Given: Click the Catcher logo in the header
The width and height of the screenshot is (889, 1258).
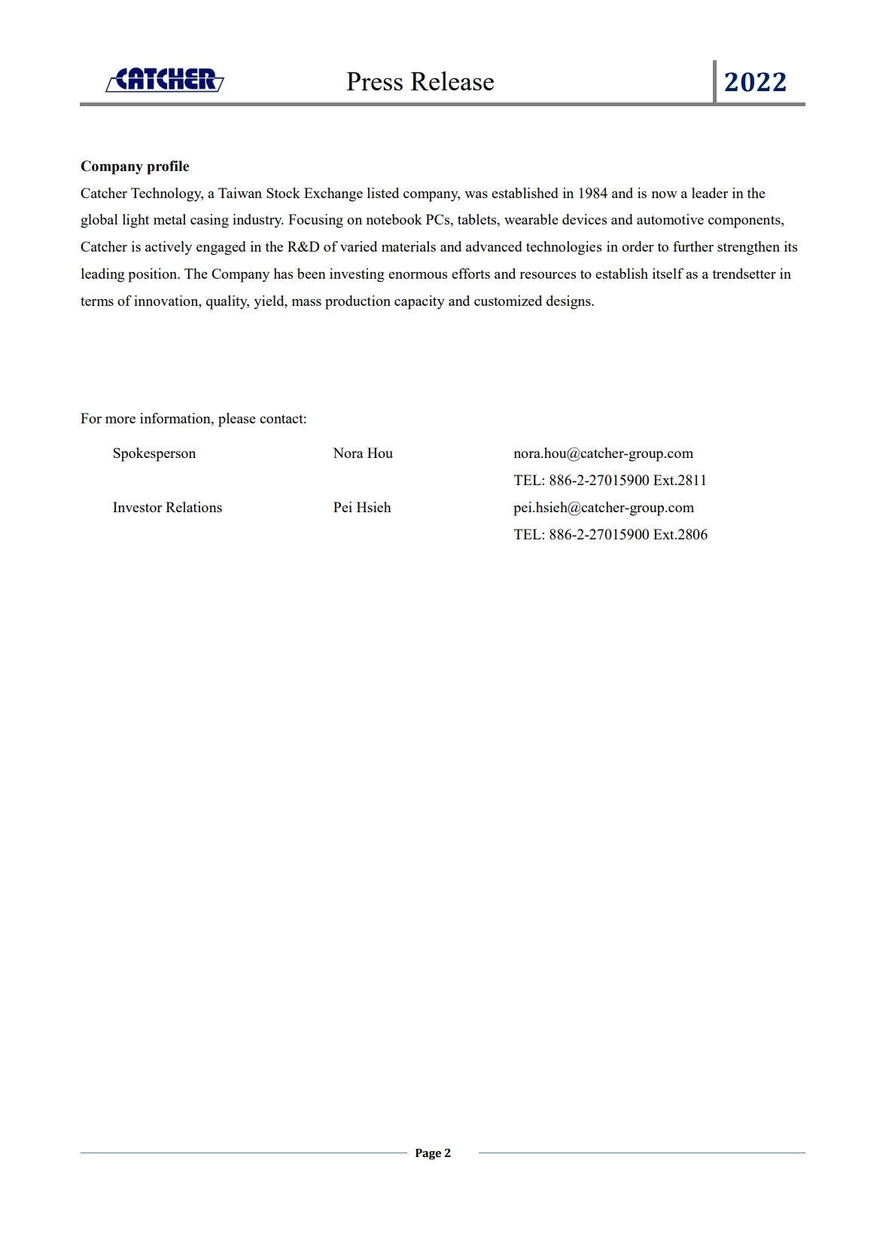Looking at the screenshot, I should (x=165, y=79).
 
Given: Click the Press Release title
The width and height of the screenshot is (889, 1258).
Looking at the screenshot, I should (x=420, y=81).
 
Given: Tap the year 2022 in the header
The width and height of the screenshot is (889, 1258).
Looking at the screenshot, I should (x=755, y=81).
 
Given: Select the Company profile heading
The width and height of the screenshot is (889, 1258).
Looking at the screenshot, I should (x=135, y=166).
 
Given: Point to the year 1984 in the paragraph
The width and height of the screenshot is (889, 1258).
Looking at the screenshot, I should (x=592, y=194).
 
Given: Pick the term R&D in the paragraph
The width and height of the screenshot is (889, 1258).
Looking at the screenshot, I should (x=303, y=247).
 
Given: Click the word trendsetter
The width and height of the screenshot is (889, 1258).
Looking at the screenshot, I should (x=744, y=274).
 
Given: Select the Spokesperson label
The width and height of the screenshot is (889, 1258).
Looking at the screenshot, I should (x=154, y=453).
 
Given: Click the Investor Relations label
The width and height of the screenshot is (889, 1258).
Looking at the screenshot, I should (x=167, y=508).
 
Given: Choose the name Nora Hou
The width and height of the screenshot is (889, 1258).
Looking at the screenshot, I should (x=363, y=453).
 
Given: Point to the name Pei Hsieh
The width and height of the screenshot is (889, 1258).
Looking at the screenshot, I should (x=362, y=508).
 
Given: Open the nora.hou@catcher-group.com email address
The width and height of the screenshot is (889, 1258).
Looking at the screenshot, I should (x=603, y=453).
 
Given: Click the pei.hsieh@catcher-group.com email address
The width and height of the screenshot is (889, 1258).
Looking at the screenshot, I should (x=604, y=508).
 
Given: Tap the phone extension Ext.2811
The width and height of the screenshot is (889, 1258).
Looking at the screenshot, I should (x=680, y=481).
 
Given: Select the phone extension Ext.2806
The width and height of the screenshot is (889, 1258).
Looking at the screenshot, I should (x=680, y=535).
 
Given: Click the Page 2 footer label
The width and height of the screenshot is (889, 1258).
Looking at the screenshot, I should (x=433, y=1153).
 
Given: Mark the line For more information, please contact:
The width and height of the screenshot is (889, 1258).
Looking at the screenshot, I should (x=193, y=419).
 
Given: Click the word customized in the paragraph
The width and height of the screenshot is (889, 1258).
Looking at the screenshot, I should (x=508, y=301).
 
